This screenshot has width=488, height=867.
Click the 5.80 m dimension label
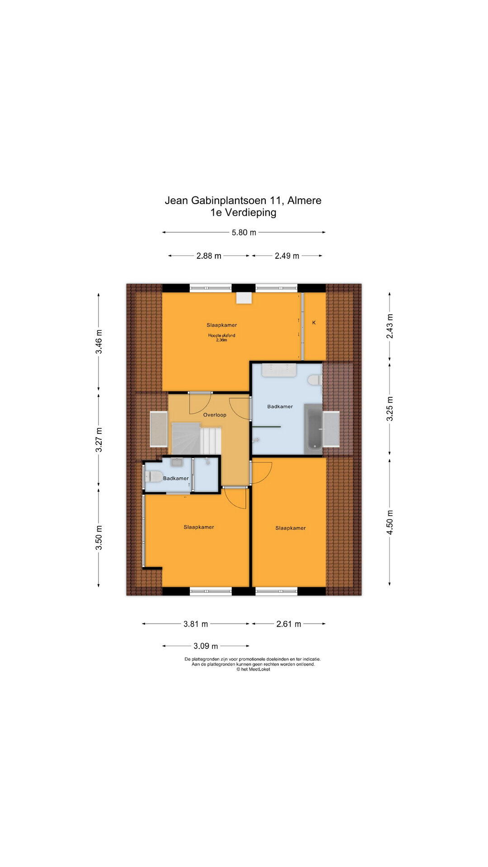(x=244, y=233)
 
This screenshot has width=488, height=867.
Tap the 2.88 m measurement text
(x=209, y=256)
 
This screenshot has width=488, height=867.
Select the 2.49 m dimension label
(x=287, y=256)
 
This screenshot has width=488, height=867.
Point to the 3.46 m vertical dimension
(x=99, y=342)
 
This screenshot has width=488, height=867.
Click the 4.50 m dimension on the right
(x=390, y=522)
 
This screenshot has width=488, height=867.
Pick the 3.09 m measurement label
(x=206, y=646)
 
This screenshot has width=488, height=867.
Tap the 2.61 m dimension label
(x=289, y=624)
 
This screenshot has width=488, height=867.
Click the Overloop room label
(x=215, y=415)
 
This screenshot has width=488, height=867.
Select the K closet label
(x=314, y=323)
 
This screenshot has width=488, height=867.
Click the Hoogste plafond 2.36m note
(x=222, y=338)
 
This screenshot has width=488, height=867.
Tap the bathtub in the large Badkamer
(x=313, y=429)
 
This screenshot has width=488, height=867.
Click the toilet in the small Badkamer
(x=153, y=476)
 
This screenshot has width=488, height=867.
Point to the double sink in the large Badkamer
(x=279, y=370)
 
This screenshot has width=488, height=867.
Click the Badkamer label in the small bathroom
(x=176, y=479)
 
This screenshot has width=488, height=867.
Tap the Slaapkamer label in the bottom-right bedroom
(x=291, y=528)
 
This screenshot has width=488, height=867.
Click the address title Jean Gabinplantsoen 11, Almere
(x=243, y=200)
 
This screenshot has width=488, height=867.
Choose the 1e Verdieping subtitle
(x=243, y=213)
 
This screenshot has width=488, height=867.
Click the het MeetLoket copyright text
(x=253, y=669)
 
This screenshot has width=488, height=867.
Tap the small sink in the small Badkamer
(x=176, y=462)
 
